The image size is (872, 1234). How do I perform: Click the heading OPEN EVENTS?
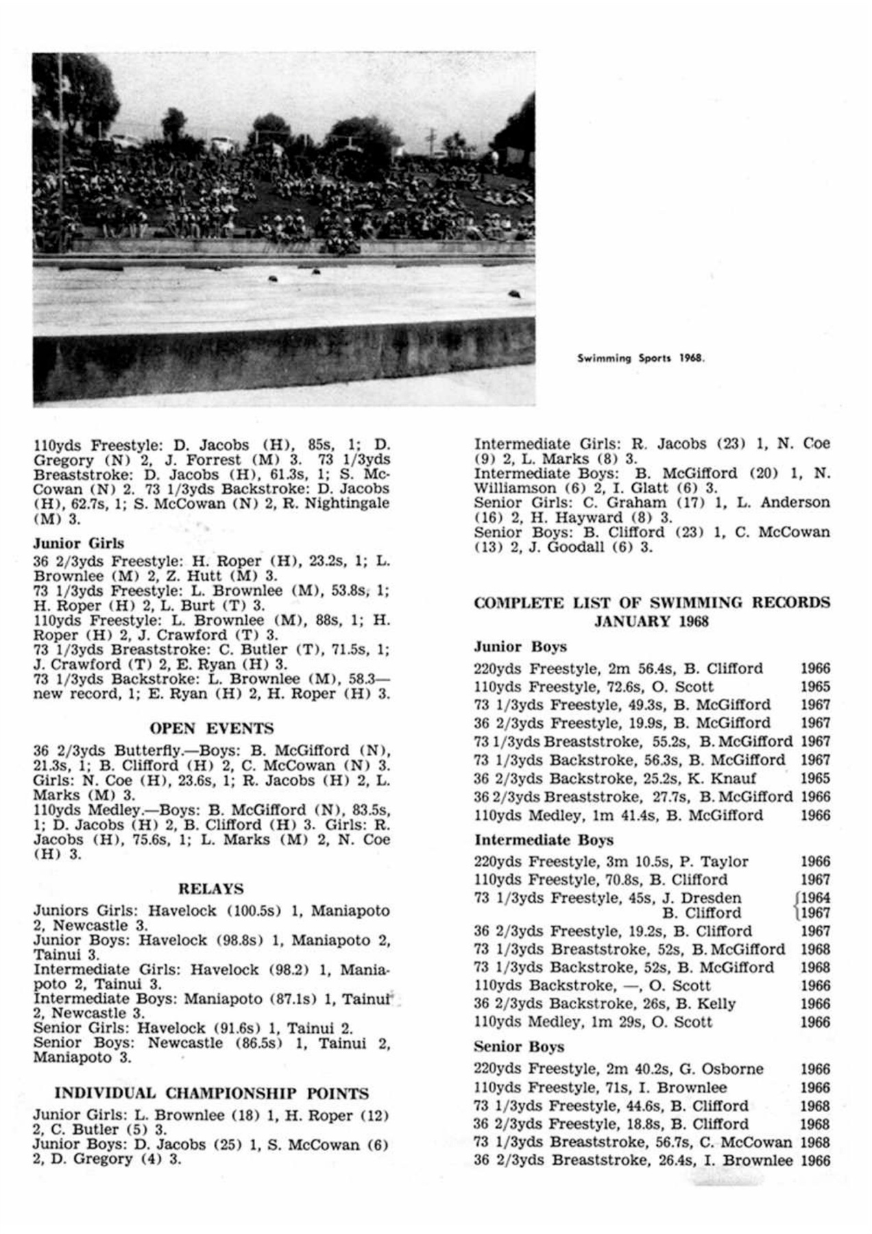(211, 728)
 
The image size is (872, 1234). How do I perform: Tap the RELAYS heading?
(211, 889)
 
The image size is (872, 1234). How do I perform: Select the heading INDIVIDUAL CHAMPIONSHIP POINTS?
(211, 1093)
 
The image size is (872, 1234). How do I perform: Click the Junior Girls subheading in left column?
(79, 544)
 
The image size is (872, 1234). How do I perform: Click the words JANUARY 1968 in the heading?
(651, 622)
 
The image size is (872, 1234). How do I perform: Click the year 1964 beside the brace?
(815, 898)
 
